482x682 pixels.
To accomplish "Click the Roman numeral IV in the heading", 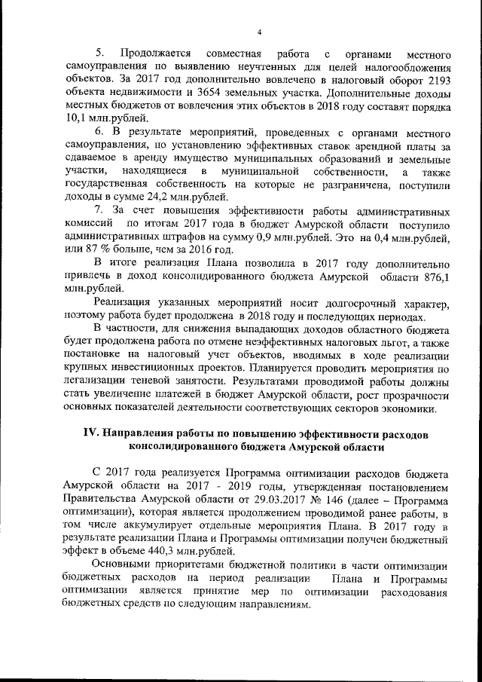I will click(x=90, y=436).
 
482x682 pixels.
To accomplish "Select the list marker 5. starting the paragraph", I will click(x=98, y=56).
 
